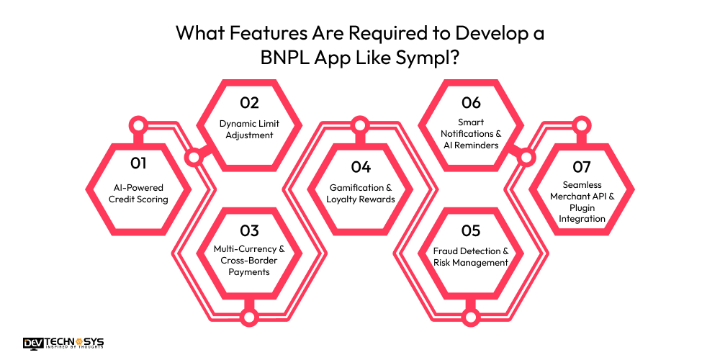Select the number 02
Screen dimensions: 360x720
(x=249, y=102)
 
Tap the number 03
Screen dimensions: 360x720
(x=249, y=231)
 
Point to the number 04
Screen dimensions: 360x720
(x=361, y=167)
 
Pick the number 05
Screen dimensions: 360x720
(x=471, y=231)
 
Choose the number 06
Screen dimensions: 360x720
(x=471, y=102)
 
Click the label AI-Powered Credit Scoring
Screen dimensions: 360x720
(x=139, y=193)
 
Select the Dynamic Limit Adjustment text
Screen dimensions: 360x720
(x=249, y=129)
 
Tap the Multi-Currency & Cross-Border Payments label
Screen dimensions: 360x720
(x=249, y=261)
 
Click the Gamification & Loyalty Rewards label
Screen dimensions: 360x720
(x=361, y=193)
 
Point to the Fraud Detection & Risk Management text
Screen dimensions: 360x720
(x=471, y=256)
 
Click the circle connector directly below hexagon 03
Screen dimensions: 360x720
(x=249, y=316)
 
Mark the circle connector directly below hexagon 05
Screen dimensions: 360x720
(x=471, y=316)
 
